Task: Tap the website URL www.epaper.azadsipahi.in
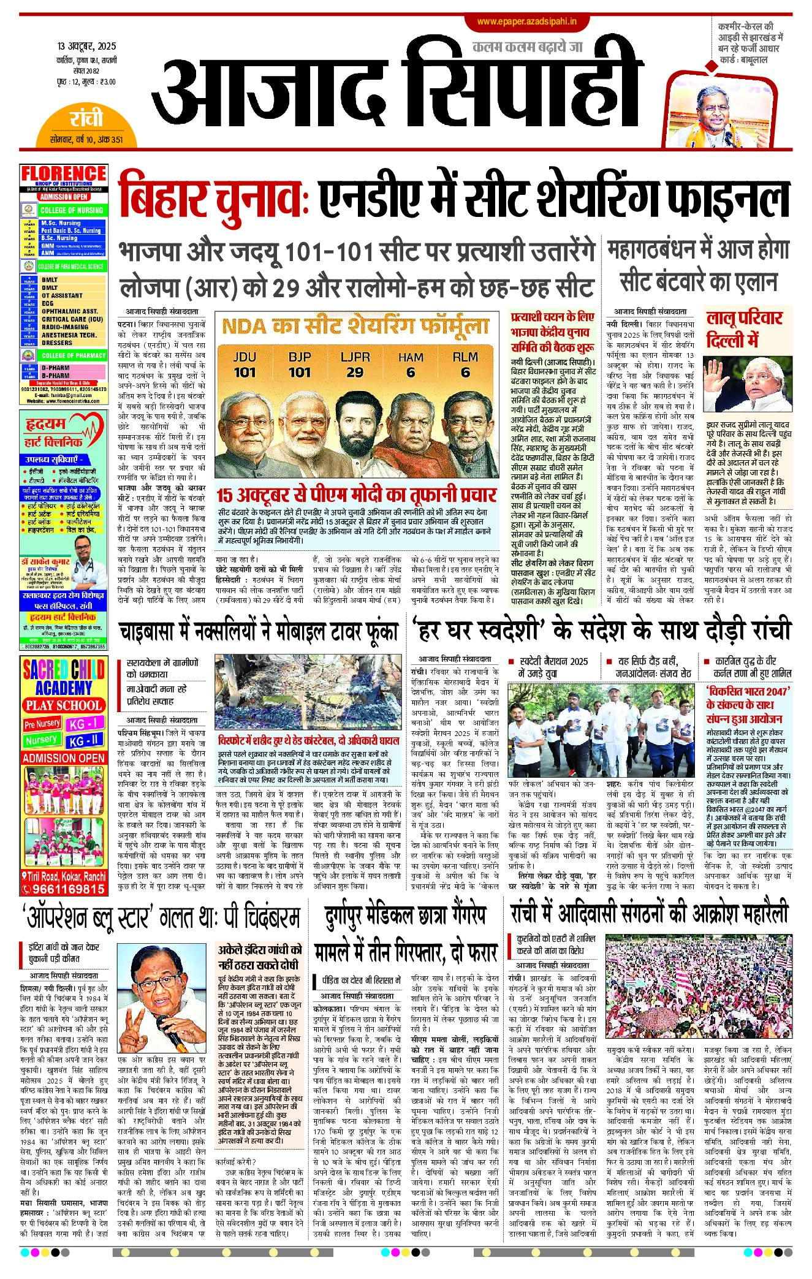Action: pos(526,22)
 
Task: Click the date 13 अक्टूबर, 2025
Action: pos(86,47)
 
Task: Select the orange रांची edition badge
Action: pos(86,118)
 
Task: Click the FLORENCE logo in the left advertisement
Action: pos(64,174)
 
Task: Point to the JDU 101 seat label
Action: pos(245,365)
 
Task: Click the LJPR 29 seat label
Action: pos(355,365)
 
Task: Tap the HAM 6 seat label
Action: pos(410,365)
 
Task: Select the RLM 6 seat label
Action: pos(465,365)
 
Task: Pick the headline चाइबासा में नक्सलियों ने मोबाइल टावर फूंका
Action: pos(259,632)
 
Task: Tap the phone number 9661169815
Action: pos(64,889)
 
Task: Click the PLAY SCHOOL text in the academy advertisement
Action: pos(64,705)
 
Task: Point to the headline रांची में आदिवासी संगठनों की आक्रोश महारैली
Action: pos(649,914)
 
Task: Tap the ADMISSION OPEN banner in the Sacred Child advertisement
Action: pos(64,758)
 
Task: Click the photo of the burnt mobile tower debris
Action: pos(307,693)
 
